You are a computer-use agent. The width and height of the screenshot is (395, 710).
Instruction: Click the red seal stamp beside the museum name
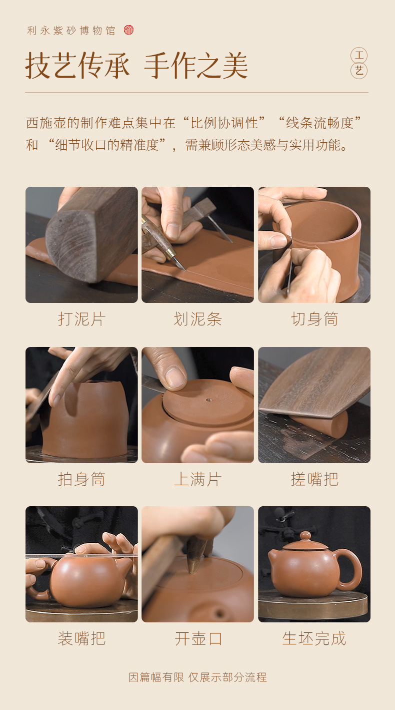(x=128, y=30)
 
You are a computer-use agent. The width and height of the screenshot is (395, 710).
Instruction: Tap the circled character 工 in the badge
(x=359, y=56)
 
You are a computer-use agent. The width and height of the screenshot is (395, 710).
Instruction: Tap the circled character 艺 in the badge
(x=359, y=71)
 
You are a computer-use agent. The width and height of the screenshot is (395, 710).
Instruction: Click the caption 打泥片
(x=81, y=319)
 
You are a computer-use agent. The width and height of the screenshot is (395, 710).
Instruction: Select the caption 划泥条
(x=198, y=319)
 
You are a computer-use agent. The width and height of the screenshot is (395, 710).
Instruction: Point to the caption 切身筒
(x=314, y=319)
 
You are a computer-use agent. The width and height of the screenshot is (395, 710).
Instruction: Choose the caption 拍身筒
(x=81, y=479)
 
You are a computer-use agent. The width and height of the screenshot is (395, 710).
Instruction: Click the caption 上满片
(x=198, y=479)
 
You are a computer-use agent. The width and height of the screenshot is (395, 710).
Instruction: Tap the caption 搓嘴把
(x=314, y=479)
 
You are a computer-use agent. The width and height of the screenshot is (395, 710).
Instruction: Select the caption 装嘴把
(x=81, y=638)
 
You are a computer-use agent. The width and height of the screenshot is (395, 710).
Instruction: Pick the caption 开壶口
(x=198, y=638)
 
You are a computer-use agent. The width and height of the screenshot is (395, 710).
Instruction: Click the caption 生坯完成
(x=314, y=638)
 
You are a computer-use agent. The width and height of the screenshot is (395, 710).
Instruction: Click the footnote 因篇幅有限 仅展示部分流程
(x=198, y=677)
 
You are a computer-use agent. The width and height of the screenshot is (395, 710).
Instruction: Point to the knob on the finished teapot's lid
(x=305, y=536)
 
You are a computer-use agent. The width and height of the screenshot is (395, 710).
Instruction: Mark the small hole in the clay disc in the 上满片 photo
(x=208, y=400)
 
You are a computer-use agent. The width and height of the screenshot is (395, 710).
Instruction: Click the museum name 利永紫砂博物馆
(x=71, y=31)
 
